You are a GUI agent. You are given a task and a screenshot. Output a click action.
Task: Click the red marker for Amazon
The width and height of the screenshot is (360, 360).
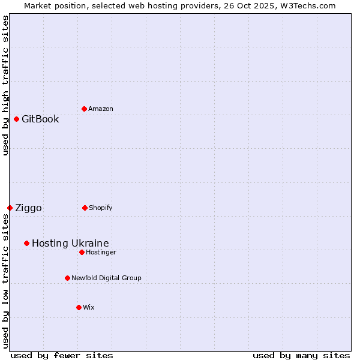coord(84,109)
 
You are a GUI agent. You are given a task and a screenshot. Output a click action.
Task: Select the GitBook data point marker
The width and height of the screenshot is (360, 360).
coord(16,119)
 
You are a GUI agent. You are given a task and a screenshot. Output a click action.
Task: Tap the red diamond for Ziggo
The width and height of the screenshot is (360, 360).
coord(10,208)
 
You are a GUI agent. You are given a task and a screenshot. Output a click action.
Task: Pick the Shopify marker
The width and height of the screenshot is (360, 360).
coord(85,208)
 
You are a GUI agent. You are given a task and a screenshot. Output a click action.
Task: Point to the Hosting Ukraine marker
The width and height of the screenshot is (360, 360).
coord(26,243)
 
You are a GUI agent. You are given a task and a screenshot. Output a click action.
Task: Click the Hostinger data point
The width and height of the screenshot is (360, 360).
coord(82,252)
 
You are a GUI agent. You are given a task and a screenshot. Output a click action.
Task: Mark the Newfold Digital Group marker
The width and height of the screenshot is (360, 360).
coord(67,278)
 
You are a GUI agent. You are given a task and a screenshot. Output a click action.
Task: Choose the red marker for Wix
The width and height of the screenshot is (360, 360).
coord(79,307)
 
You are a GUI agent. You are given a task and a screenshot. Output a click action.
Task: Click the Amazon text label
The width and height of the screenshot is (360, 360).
coord(101,109)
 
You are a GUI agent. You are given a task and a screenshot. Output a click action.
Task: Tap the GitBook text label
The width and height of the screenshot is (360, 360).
coord(40,119)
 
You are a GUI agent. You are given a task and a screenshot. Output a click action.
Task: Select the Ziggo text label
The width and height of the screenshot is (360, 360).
coord(28,208)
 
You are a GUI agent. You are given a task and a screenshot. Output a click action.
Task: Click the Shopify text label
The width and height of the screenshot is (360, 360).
coord(101,208)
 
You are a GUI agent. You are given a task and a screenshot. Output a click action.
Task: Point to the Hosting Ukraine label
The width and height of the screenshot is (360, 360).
coord(70,243)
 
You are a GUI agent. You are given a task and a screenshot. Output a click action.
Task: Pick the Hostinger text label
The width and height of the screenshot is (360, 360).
coord(101,252)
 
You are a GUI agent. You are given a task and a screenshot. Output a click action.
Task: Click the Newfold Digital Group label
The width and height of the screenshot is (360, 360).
coord(106,278)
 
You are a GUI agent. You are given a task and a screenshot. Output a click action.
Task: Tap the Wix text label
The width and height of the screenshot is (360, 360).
coord(89,307)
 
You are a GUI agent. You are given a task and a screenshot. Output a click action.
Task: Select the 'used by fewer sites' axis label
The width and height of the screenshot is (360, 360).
coord(62,355)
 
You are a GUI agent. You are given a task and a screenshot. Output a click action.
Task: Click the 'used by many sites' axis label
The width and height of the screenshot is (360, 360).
coord(301,355)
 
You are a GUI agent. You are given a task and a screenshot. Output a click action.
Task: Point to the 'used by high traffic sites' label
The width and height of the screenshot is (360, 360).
coord(5,85)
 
